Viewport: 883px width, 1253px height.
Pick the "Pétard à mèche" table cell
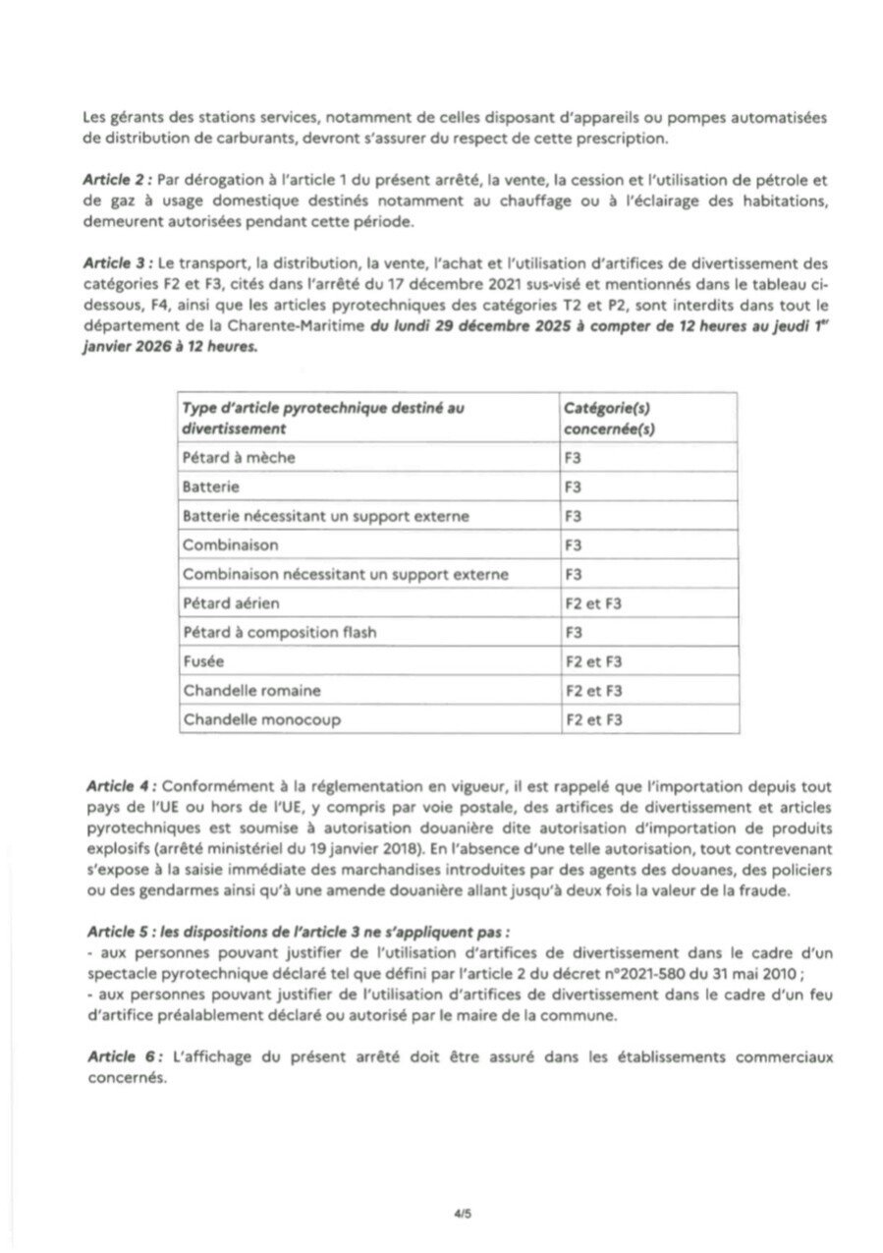[239, 457]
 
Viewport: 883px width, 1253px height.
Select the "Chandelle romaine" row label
[251, 690]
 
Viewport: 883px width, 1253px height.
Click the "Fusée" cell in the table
[203, 661]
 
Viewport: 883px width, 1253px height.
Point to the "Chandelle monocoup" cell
[261, 719]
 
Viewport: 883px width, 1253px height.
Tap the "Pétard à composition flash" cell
[279, 632]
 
